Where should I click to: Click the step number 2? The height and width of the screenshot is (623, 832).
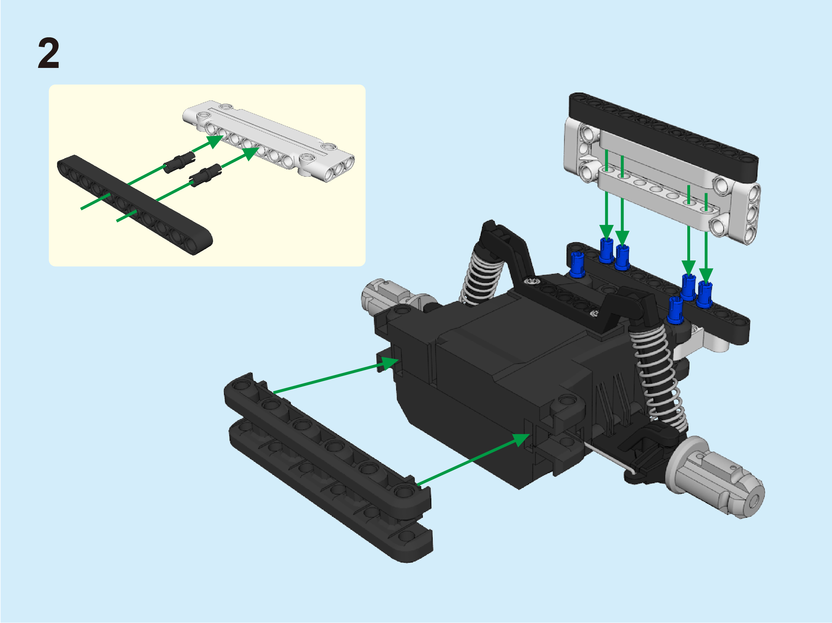(x=49, y=53)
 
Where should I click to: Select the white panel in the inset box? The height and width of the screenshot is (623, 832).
(x=269, y=141)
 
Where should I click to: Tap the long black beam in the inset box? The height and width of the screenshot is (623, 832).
(x=135, y=205)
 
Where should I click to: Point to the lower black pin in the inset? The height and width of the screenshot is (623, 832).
(x=205, y=175)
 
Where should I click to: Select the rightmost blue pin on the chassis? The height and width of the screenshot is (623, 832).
(x=705, y=294)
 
